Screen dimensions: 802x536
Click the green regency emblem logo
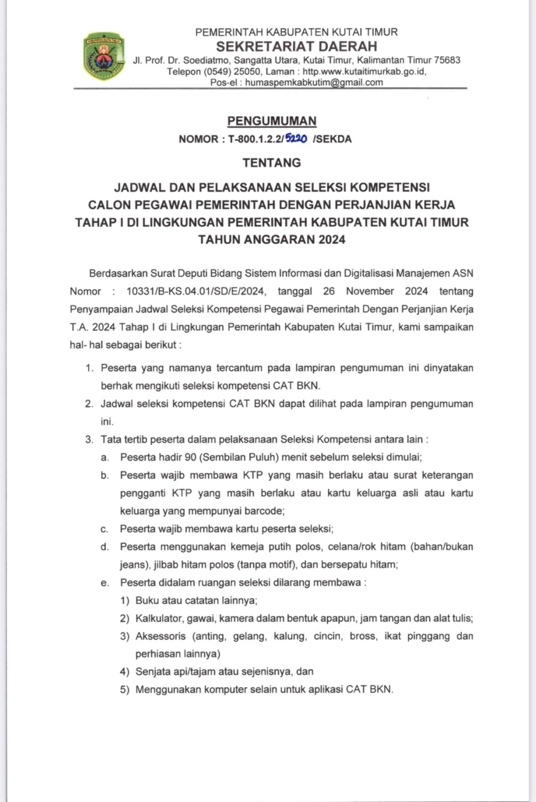(103, 56)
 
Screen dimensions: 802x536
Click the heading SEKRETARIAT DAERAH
(296, 46)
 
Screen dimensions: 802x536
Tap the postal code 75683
(447, 60)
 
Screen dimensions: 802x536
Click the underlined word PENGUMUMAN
(272, 121)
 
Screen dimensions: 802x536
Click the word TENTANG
(272, 163)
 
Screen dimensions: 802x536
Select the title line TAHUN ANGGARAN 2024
(272, 240)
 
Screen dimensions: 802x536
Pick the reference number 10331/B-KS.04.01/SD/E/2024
(197, 291)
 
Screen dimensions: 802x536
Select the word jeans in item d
(132, 564)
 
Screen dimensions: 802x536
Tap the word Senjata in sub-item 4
(152, 671)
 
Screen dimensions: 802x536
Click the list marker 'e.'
(105, 583)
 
